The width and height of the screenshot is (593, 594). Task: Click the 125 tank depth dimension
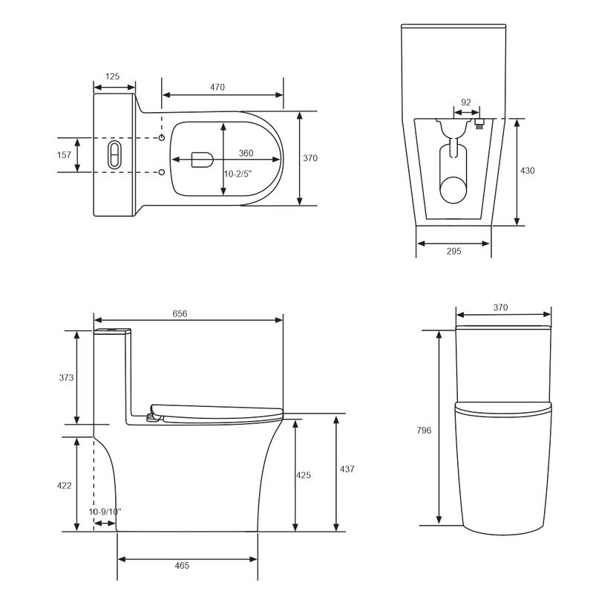113,76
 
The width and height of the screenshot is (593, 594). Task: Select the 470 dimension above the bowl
217,87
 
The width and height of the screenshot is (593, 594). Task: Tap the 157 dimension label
64,155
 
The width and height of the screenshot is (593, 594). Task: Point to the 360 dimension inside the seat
246,154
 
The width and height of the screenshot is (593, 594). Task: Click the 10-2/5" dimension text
238,174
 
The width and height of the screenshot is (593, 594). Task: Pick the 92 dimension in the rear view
465,102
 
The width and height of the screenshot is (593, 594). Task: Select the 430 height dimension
527,171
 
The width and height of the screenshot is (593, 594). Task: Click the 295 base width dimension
453,252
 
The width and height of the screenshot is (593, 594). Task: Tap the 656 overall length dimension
180,314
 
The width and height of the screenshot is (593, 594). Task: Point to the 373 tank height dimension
65,377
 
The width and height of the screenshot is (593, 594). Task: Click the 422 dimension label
65,486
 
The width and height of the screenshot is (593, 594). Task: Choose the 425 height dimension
304,474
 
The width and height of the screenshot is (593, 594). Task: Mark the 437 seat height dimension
347,469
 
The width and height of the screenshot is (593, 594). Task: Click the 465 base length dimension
182,566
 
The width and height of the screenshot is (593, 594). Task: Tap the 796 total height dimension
424,430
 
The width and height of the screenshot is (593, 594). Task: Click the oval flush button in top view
114,154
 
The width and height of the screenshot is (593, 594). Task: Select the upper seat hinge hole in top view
162,138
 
